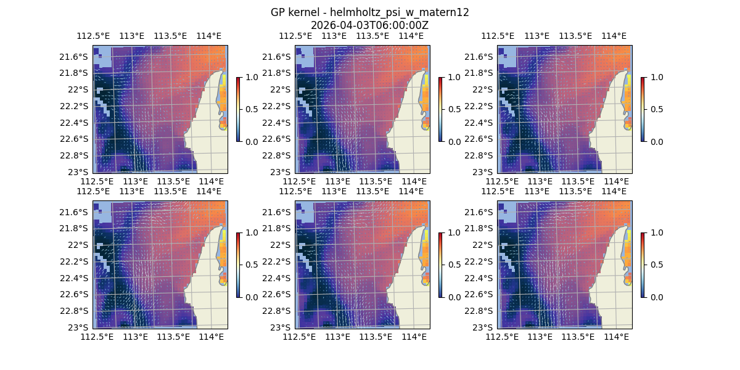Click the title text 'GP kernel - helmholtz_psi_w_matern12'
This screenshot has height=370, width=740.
[369, 12]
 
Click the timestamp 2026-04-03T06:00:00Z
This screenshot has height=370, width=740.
[369, 25]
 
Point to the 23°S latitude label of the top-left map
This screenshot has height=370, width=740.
[82, 172]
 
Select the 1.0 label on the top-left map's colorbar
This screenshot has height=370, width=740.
[250, 78]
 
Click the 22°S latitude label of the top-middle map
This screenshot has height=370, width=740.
[284, 89]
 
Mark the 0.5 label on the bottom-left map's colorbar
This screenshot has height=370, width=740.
[250, 265]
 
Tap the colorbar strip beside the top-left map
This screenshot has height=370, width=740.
[238, 109]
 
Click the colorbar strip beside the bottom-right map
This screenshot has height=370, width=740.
[643, 265]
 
